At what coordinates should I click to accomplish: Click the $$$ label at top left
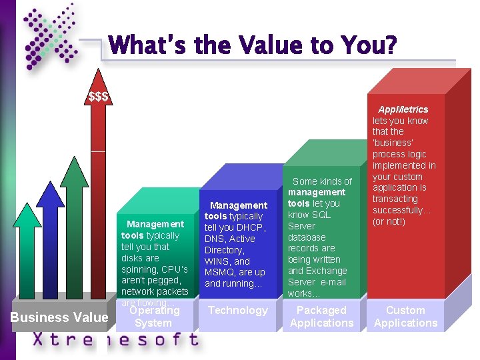point(99,97)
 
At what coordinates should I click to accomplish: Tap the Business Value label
point(59,317)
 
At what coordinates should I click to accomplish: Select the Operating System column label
point(153,317)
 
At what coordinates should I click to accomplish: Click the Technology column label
point(238,310)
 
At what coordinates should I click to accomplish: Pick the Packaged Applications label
point(321,317)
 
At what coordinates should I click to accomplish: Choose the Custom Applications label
point(405,317)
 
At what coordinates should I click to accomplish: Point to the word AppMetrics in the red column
point(403,109)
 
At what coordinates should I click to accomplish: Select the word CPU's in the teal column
point(173,269)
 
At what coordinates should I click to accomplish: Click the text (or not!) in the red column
point(389,221)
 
